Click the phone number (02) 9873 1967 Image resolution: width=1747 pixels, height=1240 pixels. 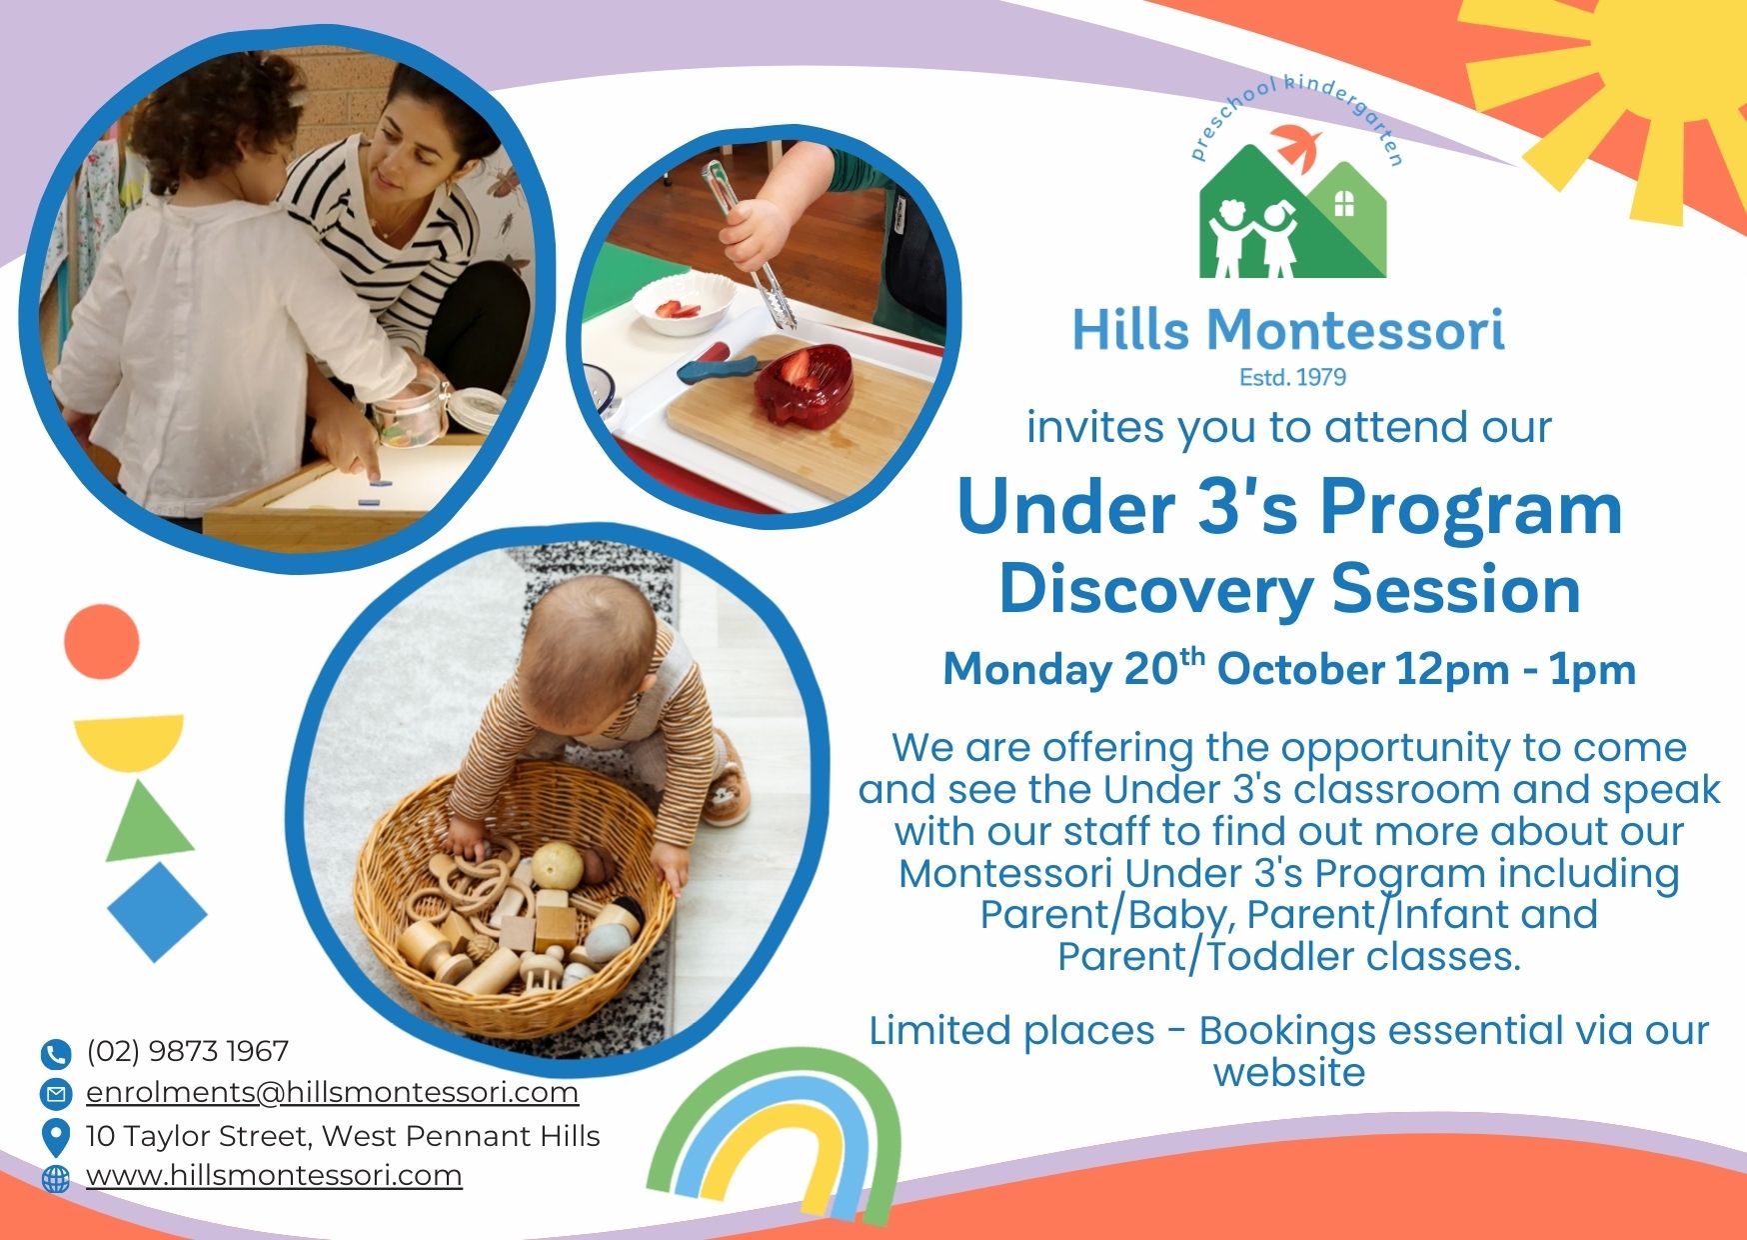[187, 1051]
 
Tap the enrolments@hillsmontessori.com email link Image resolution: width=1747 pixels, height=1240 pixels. [332, 1092]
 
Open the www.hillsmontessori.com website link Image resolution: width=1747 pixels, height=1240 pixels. [274, 1175]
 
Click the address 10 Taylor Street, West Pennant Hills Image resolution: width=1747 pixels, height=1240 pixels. [343, 1136]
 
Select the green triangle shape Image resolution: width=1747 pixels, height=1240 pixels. [148, 822]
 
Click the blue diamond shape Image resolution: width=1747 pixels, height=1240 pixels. [157, 912]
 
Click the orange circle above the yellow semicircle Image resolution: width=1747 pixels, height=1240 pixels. [102, 641]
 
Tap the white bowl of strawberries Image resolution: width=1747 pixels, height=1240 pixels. [685, 304]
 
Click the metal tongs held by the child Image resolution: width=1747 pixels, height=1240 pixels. [750, 245]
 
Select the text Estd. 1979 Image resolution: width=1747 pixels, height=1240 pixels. [1292, 377]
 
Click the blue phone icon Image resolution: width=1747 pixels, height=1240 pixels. [56, 1053]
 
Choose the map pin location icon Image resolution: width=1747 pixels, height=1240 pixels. [56, 1138]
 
